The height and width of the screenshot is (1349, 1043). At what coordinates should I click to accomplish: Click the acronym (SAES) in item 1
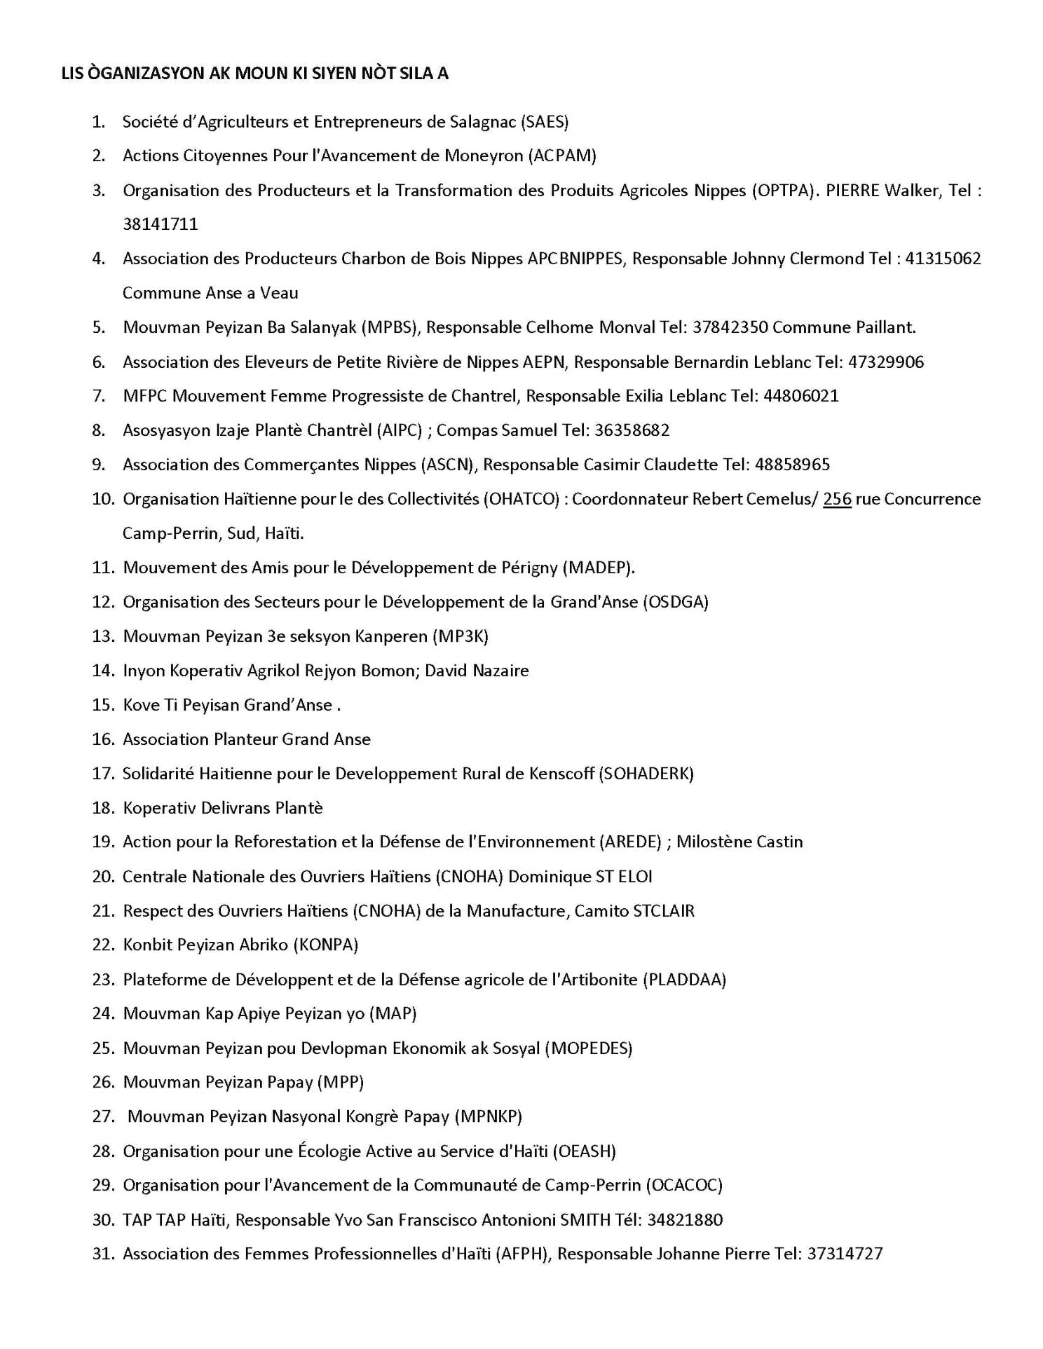coord(544,122)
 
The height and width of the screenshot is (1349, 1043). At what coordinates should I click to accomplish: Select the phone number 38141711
coord(160,224)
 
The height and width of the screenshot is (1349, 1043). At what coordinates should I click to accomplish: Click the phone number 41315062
coord(943,259)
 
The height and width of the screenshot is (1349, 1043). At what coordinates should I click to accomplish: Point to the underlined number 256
coord(837,499)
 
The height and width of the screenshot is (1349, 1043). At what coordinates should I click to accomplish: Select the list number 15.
coord(102,705)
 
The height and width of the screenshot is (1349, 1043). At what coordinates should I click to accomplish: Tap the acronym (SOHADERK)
coord(646,774)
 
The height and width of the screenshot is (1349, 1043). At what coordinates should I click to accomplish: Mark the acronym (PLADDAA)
coord(684,980)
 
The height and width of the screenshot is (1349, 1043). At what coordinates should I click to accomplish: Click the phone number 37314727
coord(845,1254)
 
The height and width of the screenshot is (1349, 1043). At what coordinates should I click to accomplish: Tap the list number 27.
coord(102,1116)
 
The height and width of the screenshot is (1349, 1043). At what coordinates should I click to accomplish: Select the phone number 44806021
coord(800,396)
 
